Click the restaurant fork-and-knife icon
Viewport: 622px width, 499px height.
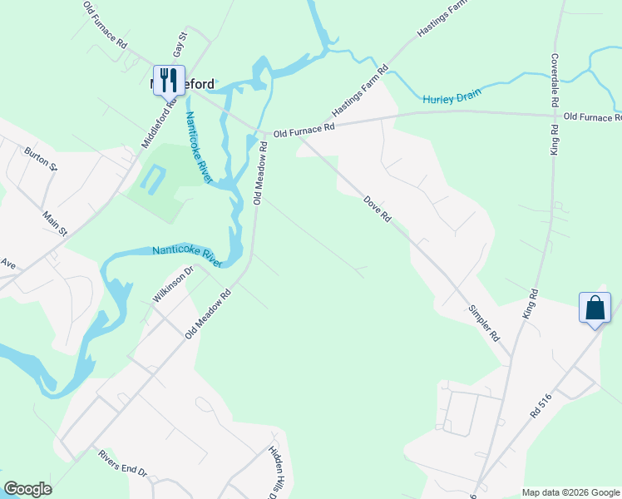(x=169, y=79)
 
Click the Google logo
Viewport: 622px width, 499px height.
(x=27, y=489)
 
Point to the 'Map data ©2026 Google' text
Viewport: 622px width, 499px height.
(x=570, y=492)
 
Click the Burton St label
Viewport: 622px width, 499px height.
(x=41, y=157)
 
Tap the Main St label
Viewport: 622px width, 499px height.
(x=55, y=224)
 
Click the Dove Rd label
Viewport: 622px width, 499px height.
(x=377, y=207)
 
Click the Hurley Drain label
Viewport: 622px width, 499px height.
(x=452, y=97)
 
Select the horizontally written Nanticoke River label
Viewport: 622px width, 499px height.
(x=187, y=255)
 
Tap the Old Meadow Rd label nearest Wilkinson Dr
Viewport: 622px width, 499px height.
(x=207, y=313)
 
